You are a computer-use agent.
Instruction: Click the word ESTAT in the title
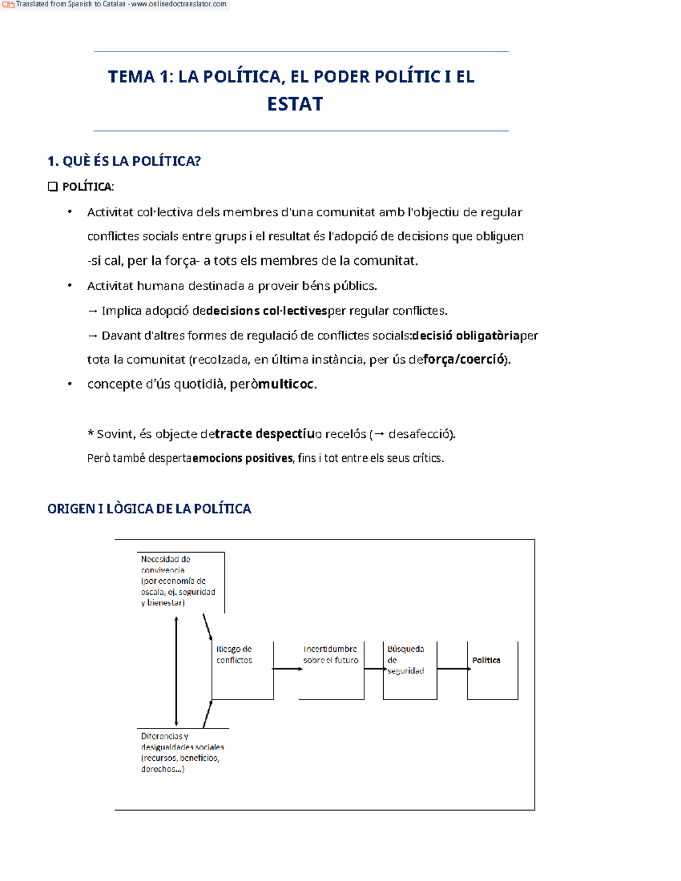click(x=295, y=104)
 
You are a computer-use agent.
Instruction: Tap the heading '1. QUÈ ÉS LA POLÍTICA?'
click(x=124, y=161)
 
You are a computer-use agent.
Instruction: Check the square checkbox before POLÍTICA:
click(x=53, y=187)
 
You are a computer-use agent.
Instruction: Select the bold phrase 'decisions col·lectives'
click(x=267, y=311)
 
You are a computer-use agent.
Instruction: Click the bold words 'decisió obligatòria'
click(x=466, y=335)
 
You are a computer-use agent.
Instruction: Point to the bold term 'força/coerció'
click(x=464, y=359)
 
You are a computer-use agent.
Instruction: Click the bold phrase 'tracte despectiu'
click(x=264, y=434)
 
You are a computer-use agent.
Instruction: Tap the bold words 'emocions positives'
click(x=243, y=458)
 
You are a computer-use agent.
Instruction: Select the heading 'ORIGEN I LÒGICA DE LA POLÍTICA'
click(x=149, y=509)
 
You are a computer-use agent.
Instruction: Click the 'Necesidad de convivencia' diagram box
click(x=178, y=581)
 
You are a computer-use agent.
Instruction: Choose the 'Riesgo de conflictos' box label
click(x=234, y=655)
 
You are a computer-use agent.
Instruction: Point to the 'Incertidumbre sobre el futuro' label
click(x=330, y=655)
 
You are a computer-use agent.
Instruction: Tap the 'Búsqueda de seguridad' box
click(x=406, y=660)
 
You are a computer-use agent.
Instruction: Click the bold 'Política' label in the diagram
click(x=486, y=660)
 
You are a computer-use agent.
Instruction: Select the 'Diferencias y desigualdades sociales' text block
click(x=182, y=752)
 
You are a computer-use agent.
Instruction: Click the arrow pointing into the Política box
click(x=453, y=669)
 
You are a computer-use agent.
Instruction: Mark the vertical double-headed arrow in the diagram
click(x=176, y=671)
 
